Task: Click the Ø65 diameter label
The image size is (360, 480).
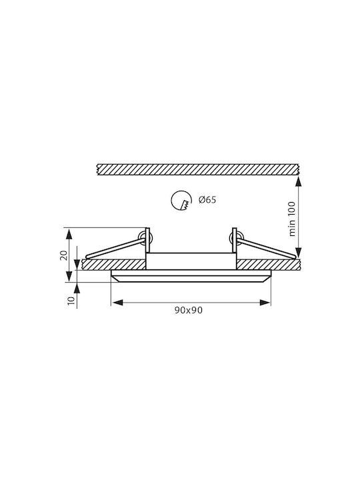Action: [x=207, y=200]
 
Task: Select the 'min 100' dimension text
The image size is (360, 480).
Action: [x=292, y=219]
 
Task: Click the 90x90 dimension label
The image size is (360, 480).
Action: [x=189, y=310]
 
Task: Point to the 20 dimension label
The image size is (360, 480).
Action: [x=64, y=255]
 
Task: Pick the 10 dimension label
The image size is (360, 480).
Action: [x=71, y=300]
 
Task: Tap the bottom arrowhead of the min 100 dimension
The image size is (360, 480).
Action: [x=298, y=253]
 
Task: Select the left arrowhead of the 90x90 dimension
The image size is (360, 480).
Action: [x=117, y=303]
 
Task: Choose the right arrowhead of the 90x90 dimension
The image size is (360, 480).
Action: [x=265, y=303]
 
